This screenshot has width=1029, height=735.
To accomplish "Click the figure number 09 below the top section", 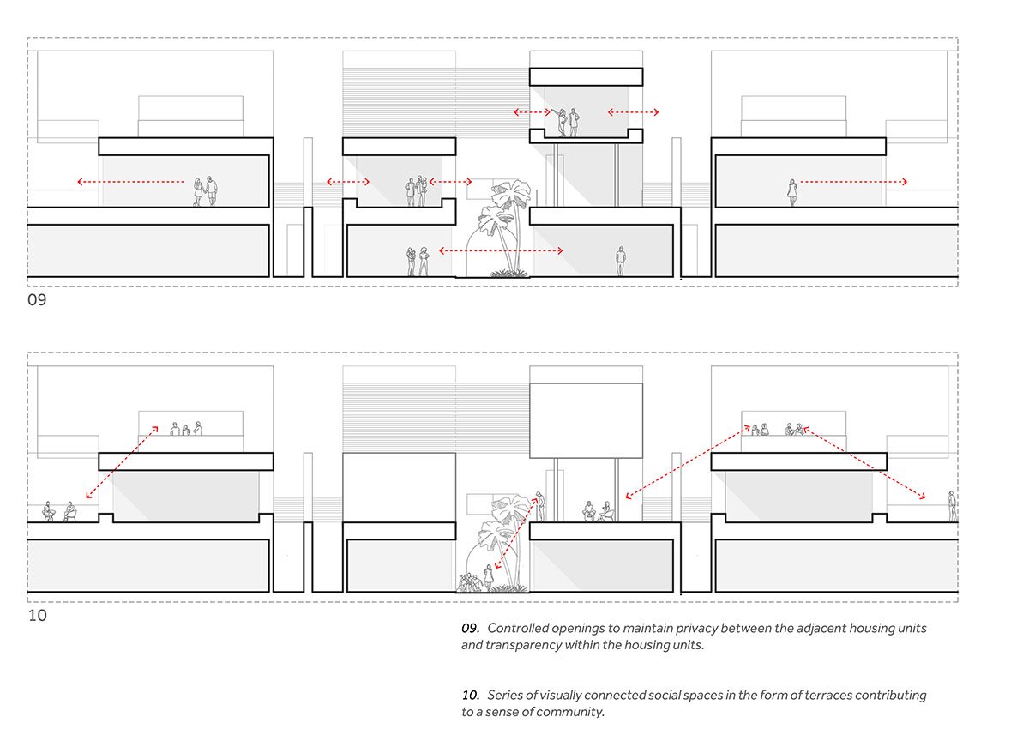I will pyautogui.click(x=37, y=300).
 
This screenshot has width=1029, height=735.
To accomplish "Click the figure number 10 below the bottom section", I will pyautogui.click(x=37, y=616).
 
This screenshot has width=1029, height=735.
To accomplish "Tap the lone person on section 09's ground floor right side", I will pyautogui.click(x=621, y=261).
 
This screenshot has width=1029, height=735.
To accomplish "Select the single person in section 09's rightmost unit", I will pyautogui.click(x=792, y=192).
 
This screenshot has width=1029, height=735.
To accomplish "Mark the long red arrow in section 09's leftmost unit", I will pyautogui.click(x=130, y=182).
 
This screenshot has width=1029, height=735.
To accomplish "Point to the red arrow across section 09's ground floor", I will pyautogui.click(x=501, y=250).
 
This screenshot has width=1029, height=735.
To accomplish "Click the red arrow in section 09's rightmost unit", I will pyautogui.click(x=853, y=182).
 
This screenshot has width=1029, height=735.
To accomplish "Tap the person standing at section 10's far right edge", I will pyautogui.click(x=952, y=506).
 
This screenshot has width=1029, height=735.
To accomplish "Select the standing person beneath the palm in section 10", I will pyautogui.click(x=489, y=576).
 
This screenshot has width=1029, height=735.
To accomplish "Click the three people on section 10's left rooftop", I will pyautogui.click(x=185, y=428).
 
